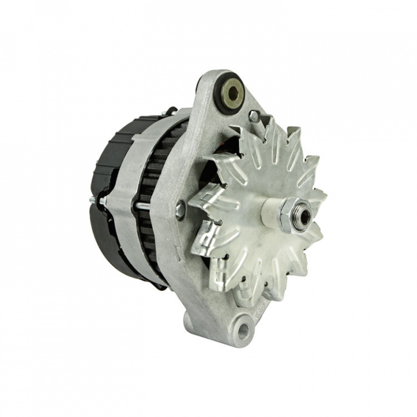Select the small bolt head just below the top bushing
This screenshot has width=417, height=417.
[x=253, y=116]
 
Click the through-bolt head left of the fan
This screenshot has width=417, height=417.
[x=181, y=210]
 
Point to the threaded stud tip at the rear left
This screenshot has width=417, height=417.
[x=93, y=200]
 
